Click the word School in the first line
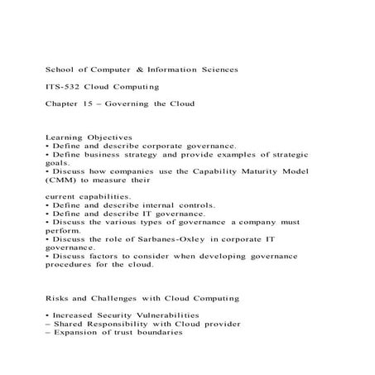[x=60, y=70]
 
